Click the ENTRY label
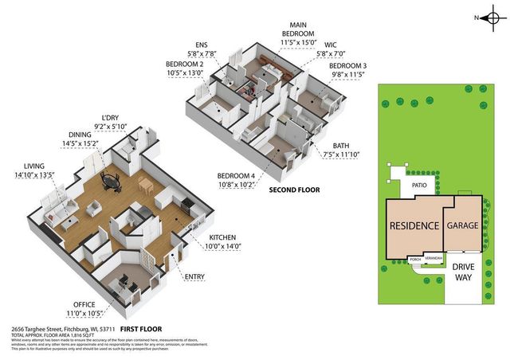click(194, 276)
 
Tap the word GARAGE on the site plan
click(462, 226)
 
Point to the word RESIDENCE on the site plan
click(414, 225)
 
